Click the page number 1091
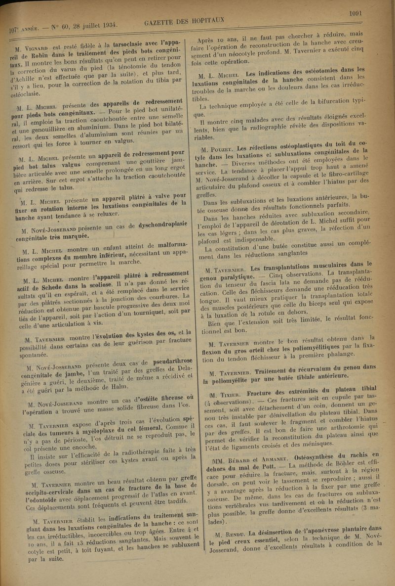[x=355, y=13]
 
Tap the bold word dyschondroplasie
[x=157, y=224]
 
